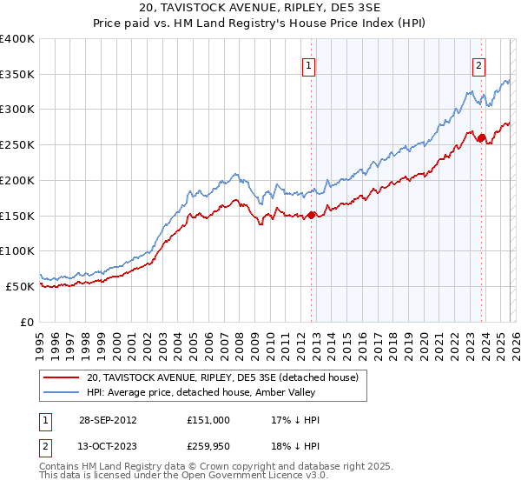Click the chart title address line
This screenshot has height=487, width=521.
click(260, 8)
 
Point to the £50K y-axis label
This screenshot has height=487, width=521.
click(21, 286)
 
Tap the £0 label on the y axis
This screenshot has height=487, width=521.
click(28, 322)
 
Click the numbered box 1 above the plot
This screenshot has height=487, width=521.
click(309, 63)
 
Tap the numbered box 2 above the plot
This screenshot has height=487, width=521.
click(478, 63)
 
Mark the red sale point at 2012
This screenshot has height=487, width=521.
click(311, 215)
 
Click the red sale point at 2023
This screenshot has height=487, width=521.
click(481, 137)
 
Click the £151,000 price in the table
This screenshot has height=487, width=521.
click(208, 419)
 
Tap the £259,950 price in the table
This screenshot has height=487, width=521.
click(208, 449)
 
